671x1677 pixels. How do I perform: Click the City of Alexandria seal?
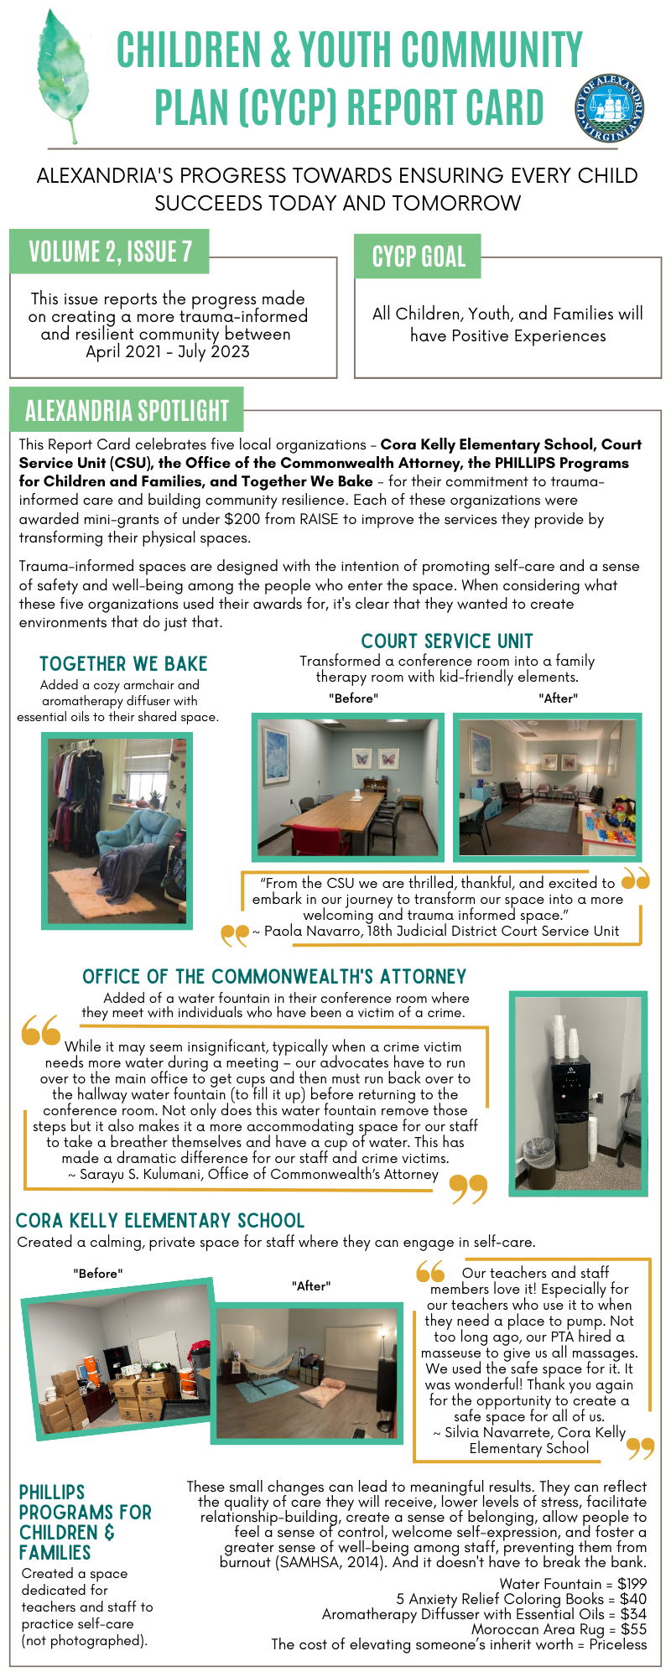(610, 108)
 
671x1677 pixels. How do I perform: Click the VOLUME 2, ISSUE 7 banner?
(110, 252)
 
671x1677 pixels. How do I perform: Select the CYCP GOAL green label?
(418, 257)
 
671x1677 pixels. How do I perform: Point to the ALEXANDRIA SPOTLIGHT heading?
(127, 410)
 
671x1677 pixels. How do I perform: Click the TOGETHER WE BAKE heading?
(123, 664)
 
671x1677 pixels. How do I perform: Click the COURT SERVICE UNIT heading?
(447, 641)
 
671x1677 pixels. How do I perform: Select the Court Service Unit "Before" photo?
(348, 787)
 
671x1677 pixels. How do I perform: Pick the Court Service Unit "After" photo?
(547, 787)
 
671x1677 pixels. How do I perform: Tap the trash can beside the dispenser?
(539, 1161)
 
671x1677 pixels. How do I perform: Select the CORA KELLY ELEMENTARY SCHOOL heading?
(160, 1220)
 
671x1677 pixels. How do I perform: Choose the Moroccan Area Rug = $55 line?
(559, 1629)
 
